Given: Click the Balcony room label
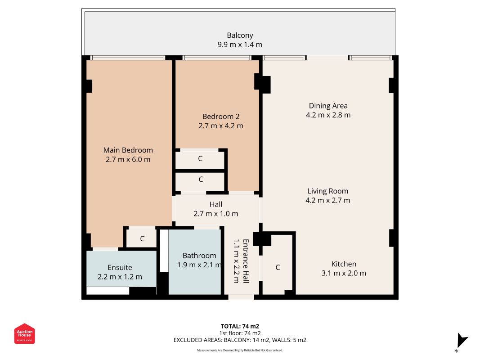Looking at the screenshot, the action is tap(240, 36).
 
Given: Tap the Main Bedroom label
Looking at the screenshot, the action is tap(128, 150).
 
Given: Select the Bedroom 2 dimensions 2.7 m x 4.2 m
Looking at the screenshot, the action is tap(221, 126).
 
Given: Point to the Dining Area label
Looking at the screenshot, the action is tap(328, 106).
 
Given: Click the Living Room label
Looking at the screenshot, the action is tap(328, 191).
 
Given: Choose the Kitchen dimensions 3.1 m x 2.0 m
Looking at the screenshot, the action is tap(344, 273).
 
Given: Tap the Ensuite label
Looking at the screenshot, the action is tap(120, 268).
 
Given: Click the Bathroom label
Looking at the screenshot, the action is tap(199, 256).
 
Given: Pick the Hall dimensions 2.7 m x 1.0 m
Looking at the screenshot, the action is tap(216, 214).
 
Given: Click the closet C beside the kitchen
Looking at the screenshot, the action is tap(278, 267).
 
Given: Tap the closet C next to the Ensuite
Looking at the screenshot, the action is tap(142, 238).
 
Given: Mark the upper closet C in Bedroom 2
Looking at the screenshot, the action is tap(200, 158).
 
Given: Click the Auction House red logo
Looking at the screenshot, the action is tap(24, 333).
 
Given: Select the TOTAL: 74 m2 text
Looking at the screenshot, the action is tap(240, 326).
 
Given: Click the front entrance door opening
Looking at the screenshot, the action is tap(241, 297).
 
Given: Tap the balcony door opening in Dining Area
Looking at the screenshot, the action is tap(327, 58).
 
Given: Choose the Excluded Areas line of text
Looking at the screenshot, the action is tap(240, 340).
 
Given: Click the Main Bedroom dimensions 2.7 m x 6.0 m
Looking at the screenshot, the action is tap(128, 159).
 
